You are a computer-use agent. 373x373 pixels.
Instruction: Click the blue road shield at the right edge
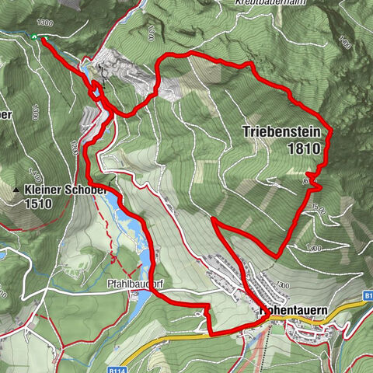367,296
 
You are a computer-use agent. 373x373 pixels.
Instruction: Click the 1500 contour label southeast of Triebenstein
313,209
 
